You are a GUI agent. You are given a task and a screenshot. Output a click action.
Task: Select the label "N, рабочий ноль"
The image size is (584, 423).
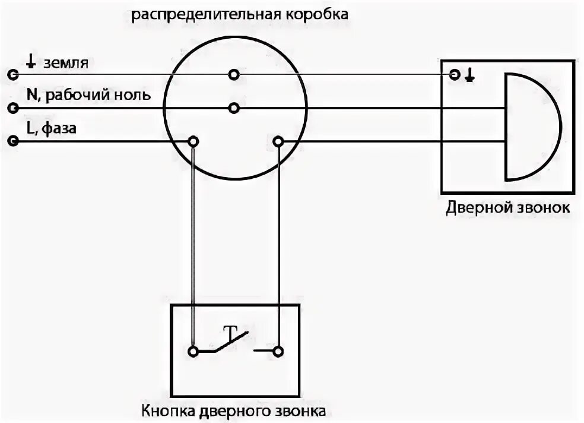coord(88,95)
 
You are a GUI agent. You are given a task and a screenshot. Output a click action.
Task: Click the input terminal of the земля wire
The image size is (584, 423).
coord(12,75)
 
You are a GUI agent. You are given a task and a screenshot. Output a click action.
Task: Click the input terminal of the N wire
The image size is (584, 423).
coord(12,108)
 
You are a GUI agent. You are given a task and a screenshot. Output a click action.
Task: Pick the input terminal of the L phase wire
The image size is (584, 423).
coord(12,141)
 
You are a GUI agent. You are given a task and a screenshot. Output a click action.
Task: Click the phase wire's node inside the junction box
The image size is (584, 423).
coord(193,141)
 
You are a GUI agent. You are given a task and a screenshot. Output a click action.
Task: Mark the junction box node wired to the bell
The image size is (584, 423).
coord(278,141)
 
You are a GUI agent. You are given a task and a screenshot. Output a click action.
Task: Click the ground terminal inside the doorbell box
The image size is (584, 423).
coord(455,75)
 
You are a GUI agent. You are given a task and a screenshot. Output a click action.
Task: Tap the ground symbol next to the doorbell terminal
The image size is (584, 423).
coord(469,75)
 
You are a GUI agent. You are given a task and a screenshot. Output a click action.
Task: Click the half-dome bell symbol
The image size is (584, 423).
coord(530,127)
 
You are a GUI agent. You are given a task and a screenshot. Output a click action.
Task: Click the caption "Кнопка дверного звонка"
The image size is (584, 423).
coord(234,411)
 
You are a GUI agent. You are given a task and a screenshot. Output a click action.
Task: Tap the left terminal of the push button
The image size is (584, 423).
coord(193,351)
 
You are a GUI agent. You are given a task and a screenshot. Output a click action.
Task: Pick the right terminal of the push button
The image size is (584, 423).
coord(278,351)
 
